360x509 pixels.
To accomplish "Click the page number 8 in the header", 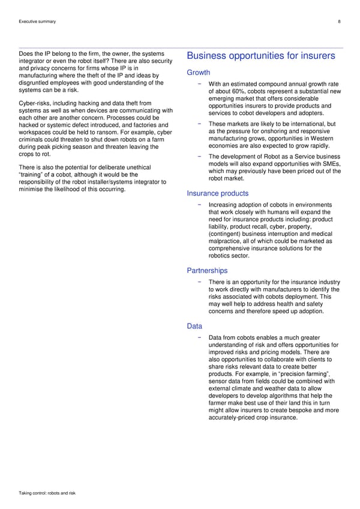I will (x=340, y=22).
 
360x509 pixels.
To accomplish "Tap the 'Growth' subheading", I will (x=199, y=73).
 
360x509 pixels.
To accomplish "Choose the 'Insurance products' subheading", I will (x=218, y=193).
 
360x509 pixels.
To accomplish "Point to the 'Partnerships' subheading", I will (x=207, y=271).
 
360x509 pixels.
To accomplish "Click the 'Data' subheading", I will (x=194, y=326).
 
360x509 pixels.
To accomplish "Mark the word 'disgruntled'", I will (x=35, y=83).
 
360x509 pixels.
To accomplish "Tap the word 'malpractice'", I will (x=226, y=241).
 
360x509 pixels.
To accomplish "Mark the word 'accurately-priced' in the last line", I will (x=233, y=417).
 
